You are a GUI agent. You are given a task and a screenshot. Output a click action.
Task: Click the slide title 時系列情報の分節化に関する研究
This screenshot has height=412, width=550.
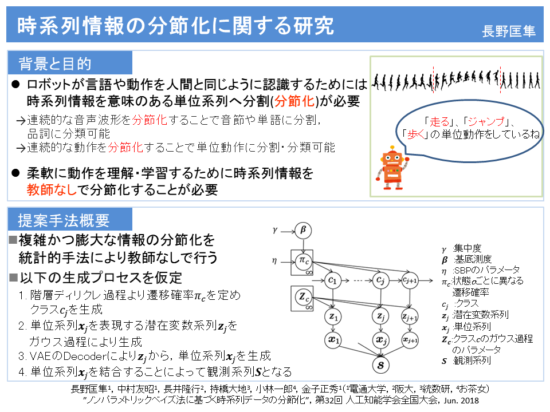175,26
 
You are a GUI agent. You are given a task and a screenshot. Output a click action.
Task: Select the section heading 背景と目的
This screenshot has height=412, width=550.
55,63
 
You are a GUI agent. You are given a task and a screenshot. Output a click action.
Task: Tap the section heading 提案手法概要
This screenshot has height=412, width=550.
64,220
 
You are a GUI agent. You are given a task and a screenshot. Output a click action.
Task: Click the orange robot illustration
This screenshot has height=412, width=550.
393,168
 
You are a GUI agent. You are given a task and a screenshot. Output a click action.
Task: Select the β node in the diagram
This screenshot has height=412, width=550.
304,230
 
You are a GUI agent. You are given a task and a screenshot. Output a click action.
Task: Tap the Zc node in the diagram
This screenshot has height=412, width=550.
304,298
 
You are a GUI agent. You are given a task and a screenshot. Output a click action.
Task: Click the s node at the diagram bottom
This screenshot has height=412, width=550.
379,362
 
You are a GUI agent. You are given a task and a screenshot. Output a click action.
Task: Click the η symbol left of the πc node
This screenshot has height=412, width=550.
275,261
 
